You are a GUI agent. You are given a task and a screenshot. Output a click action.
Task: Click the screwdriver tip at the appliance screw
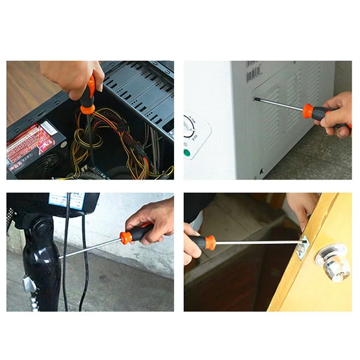pos(256,99)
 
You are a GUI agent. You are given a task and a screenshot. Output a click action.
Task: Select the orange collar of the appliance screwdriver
pos(308,111)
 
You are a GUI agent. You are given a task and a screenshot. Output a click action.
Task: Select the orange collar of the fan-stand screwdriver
pos(126,238)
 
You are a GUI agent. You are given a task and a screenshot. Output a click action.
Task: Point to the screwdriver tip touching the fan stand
pos(61,257)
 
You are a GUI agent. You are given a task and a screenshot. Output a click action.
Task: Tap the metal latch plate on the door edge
pos(303,248)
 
